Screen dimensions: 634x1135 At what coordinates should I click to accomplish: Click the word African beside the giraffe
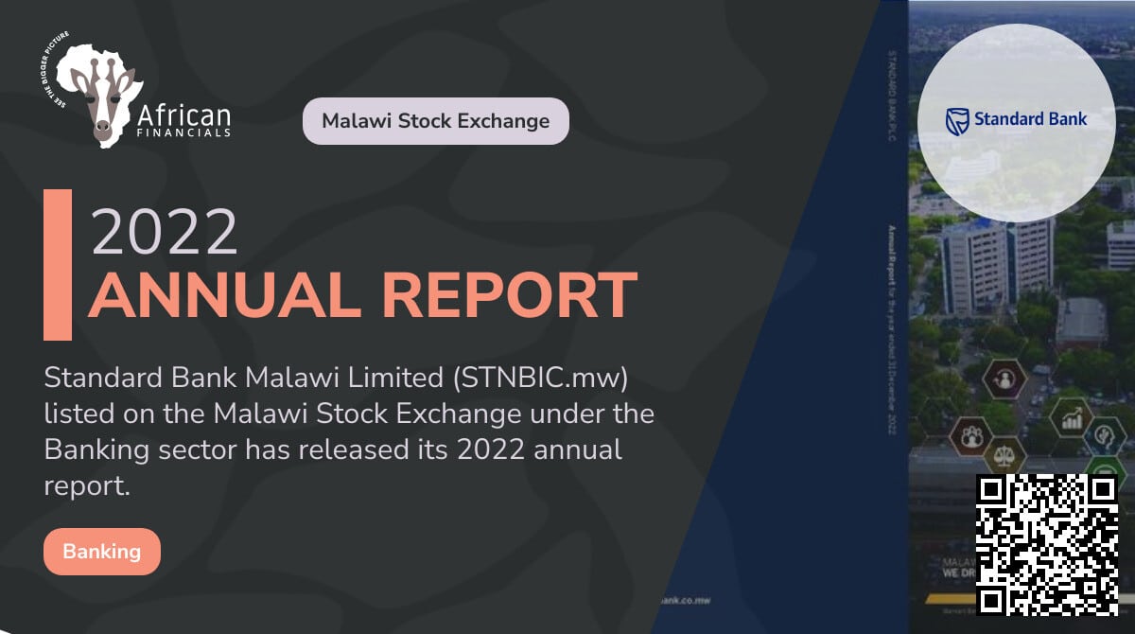(183, 114)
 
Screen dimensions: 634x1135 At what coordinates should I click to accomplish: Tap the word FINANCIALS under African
(183, 133)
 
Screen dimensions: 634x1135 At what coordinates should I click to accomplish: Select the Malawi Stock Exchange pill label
(435, 121)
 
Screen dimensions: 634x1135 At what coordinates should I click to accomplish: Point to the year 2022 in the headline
(164, 231)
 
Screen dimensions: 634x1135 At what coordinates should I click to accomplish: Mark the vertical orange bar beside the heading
(57, 264)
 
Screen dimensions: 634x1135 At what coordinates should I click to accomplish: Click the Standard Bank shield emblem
(957, 120)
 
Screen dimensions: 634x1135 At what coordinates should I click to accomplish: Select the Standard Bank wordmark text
(1030, 119)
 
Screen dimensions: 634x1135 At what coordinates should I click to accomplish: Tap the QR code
(1047, 544)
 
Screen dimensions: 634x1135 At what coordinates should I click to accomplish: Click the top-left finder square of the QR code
(992, 490)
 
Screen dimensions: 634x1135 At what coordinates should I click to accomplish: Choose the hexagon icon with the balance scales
(1004, 455)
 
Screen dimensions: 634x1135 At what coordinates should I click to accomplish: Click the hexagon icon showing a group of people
(970, 437)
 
